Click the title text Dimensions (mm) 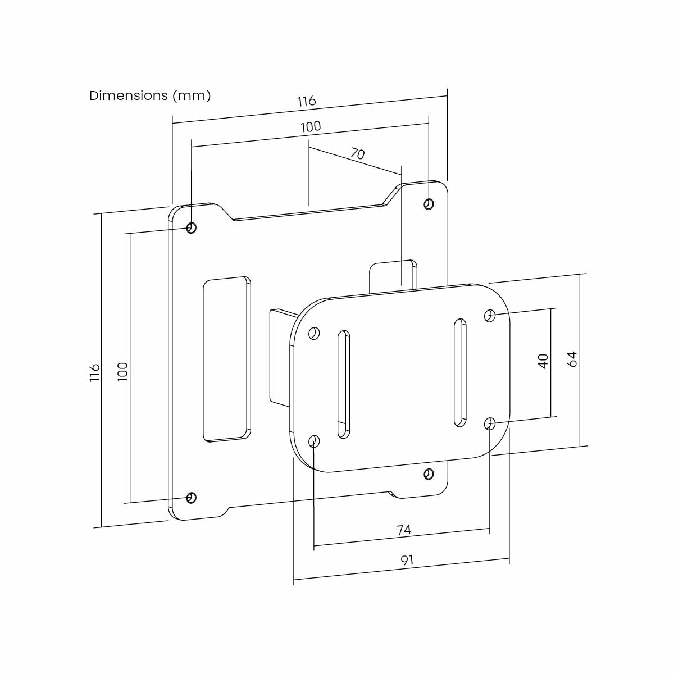(150, 95)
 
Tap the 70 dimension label (358, 153)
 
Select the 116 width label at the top (307, 101)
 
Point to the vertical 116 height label (95, 372)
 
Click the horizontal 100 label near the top (311, 127)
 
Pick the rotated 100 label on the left (122, 371)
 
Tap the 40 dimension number (543, 361)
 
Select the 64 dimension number (572, 359)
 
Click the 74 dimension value (404, 530)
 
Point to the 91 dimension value (407, 560)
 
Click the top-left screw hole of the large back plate (191, 228)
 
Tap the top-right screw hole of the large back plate (429, 204)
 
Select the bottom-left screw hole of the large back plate (191, 498)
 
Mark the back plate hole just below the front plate (429, 474)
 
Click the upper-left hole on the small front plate (314, 334)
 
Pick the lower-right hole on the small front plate (489, 423)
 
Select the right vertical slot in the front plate (459, 373)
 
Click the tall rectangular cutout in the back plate (226, 358)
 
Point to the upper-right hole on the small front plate (489, 316)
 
